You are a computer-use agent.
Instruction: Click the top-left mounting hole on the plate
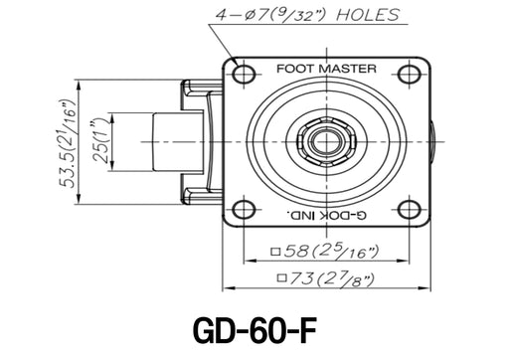pyautogui.click(x=244, y=74)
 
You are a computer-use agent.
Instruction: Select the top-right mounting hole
pyautogui.click(x=410, y=74)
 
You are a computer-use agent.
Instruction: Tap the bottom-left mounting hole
pyautogui.click(x=244, y=210)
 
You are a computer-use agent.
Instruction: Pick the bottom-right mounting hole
pyautogui.click(x=410, y=210)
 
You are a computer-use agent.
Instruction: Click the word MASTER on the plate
pyautogui.click(x=348, y=69)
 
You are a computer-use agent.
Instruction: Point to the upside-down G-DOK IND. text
pyautogui.click(x=327, y=215)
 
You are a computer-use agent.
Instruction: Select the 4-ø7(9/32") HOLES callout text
pyautogui.click(x=307, y=15)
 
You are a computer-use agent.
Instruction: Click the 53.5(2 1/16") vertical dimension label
pyautogui.click(x=68, y=143)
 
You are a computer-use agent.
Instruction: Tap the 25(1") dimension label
pyautogui.click(x=101, y=142)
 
